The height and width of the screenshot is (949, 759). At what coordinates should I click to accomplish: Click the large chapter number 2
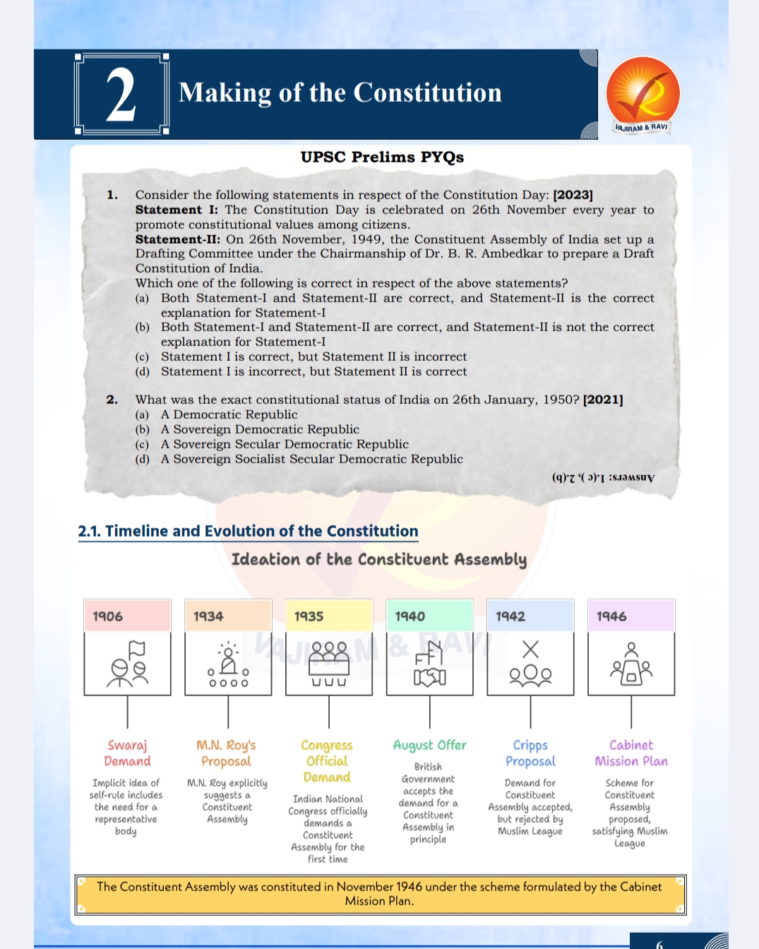click(x=121, y=95)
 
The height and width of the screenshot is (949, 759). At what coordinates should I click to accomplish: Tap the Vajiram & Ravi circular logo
click(x=643, y=94)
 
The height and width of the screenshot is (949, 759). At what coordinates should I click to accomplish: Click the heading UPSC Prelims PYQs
click(x=382, y=157)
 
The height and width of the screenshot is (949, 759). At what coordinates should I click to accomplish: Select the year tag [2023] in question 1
click(x=573, y=195)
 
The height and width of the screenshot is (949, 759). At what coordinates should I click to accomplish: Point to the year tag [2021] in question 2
click(x=603, y=400)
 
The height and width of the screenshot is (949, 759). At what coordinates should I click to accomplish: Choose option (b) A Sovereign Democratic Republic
click(x=259, y=429)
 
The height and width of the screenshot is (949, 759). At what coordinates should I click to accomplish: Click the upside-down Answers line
click(x=603, y=477)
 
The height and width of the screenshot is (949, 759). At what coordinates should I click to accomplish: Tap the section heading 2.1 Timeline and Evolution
click(x=248, y=531)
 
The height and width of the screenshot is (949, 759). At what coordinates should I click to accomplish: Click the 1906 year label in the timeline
click(x=108, y=616)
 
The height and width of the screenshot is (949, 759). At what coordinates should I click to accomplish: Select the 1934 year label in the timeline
click(x=208, y=616)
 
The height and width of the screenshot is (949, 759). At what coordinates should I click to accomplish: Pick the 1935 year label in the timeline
click(x=309, y=616)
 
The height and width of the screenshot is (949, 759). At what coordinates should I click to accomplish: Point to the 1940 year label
click(x=410, y=616)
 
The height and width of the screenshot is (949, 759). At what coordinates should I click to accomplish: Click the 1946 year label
click(x=611, y=616)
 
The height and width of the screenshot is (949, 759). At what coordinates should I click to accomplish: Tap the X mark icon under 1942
click(x=530, y=649)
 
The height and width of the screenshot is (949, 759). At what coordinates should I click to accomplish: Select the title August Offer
click(x=429, y=745)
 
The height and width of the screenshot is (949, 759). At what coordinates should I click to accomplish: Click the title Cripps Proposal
click(x=530, y=753)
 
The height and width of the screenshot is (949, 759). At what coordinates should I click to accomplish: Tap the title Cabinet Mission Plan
click(x=630, y=753)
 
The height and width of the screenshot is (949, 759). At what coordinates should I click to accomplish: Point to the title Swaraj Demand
click(x=127, y=753)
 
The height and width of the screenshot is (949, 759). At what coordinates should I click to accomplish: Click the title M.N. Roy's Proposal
click(x=226, y=753)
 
